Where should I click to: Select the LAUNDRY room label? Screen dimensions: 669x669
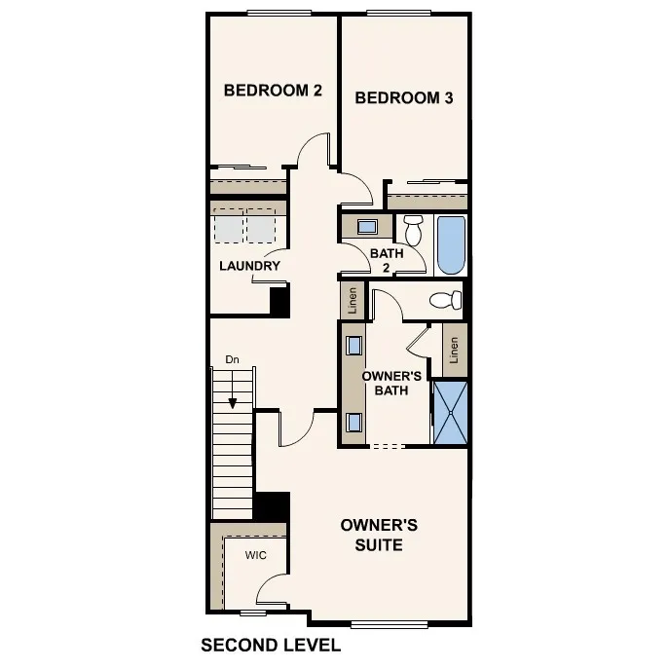[249, 266]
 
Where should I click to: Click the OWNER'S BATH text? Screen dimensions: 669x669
[391, 383]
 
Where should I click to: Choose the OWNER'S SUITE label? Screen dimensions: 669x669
[379, 535]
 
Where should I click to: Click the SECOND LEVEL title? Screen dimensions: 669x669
[270, 645]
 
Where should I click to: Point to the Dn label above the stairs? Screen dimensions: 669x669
[232, 360]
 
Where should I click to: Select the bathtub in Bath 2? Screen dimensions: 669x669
[451, 244]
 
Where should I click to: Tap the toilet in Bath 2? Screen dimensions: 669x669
[413, 230]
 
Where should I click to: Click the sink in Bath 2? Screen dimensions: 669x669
[367, 228]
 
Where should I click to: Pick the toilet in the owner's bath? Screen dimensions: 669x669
[445, 300]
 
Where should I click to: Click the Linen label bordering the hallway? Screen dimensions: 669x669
[353, 300]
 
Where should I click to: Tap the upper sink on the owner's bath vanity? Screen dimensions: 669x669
[353, 345]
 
